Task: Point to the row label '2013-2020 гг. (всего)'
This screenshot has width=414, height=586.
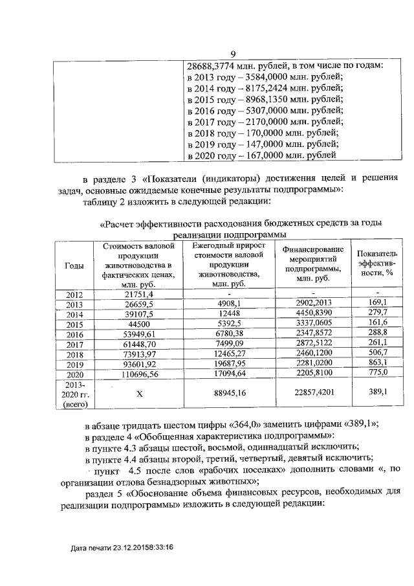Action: click(x=74, y=394)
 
